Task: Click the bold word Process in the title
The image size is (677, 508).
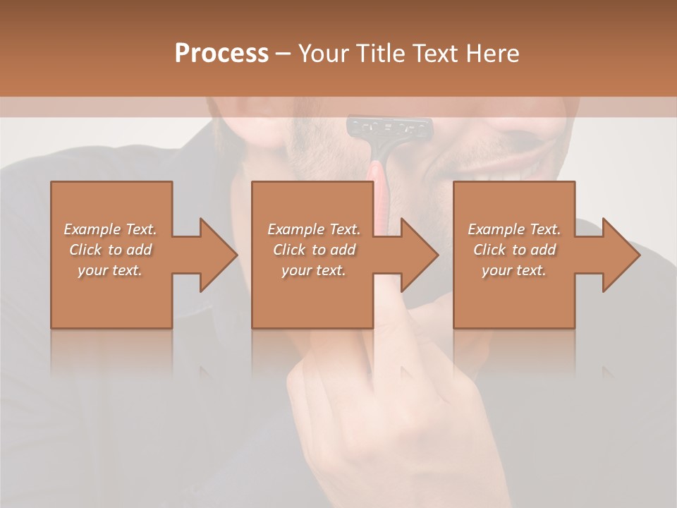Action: tap(221, 54)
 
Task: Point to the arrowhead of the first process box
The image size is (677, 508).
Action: tap(219, 255)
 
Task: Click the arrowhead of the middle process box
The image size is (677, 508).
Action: tap(420, 255)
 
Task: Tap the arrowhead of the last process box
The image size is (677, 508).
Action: tap(622, 255)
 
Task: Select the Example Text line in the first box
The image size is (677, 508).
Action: tap(110, 229)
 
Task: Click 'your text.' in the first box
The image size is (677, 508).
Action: tap(110, 270)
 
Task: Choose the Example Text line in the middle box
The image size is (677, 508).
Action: tap(313, 229)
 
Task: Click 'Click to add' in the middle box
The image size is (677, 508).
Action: tap(313, 250)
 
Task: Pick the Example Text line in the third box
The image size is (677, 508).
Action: tap(514, 229)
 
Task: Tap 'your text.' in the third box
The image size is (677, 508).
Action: tap(514, 270)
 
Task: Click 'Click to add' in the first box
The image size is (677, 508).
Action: tap(110, 250)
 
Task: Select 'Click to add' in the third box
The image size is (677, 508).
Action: tap(514, 250)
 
